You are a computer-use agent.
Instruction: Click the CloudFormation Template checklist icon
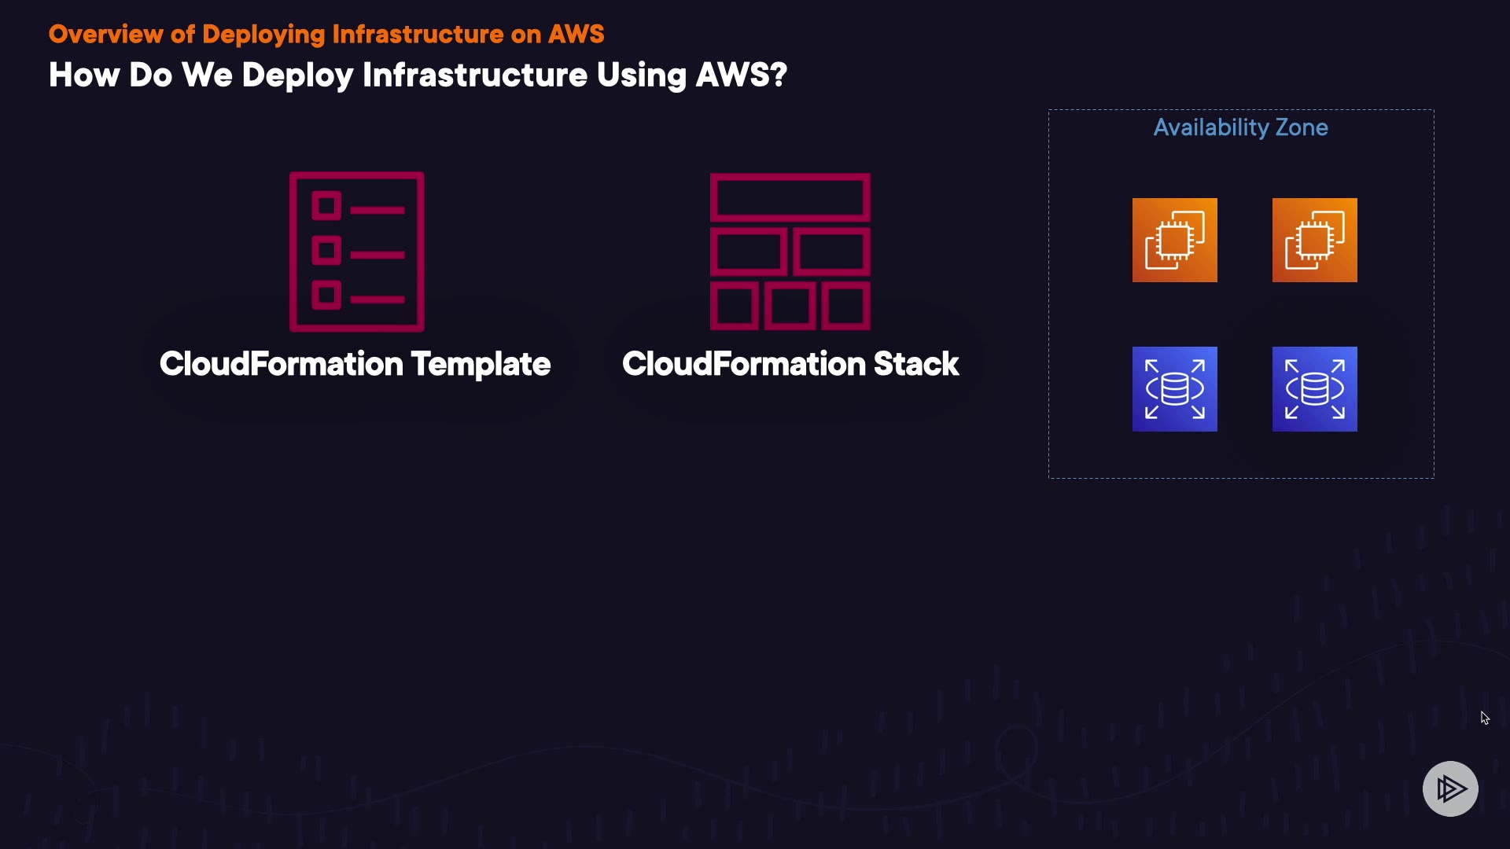[x=357, y=252]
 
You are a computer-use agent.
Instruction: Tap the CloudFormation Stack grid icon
[x=790, y=252]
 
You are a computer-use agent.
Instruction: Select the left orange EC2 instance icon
[x=1174, y=240]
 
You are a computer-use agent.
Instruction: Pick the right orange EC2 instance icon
[x=1314, y=240]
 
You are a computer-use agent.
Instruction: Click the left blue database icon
[x=1174, y=389]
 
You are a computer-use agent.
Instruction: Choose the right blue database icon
[x=1314, y=389]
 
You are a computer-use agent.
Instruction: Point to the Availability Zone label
[x=1240, y=127]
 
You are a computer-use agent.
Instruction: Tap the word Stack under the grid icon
[x=915, y=364]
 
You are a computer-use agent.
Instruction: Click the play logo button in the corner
[x=1450, y=788]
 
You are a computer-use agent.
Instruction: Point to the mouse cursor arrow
[x=1484, y=718]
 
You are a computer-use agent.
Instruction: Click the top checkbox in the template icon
[x=326, y=207]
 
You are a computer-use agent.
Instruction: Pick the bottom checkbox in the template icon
[x=326, y=296]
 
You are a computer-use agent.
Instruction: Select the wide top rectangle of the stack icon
[x=790, y=197]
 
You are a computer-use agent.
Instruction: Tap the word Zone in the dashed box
[x=1302, y=127]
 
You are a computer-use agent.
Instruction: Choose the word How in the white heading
[x=83, y=75]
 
